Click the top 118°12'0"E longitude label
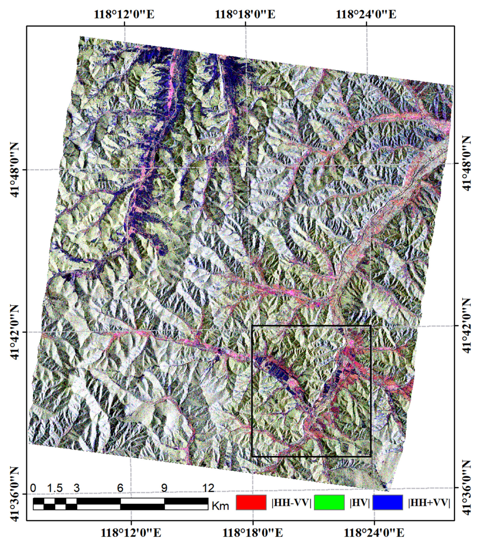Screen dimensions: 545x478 pos(124,14)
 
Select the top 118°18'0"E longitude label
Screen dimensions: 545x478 pos(245,14)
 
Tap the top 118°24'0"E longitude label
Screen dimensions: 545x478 pos(366,14)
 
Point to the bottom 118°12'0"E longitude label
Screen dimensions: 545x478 pos(131,533)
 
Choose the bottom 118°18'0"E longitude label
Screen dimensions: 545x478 pos(253,533)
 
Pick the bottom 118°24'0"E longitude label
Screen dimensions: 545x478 pos(374,533)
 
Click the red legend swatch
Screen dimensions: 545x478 pos(251,503)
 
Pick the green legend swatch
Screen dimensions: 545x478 pos(329,503)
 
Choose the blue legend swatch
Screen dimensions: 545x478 pos(387,503)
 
